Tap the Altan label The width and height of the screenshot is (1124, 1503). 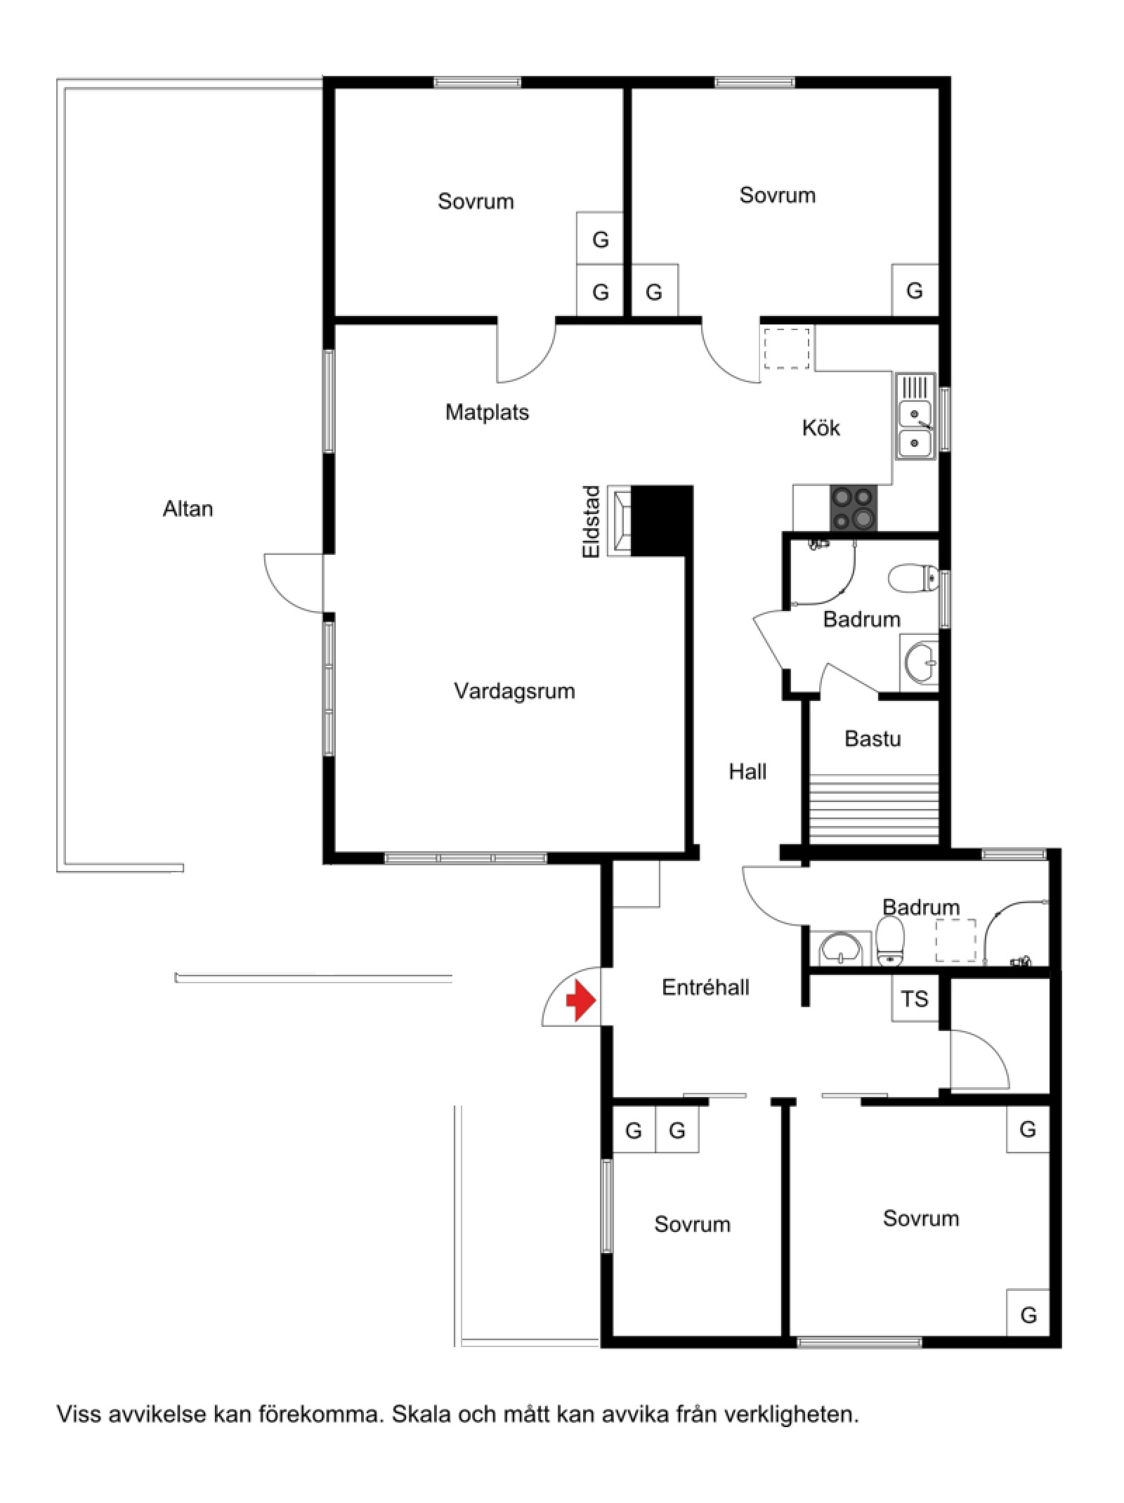(x=188, y=508)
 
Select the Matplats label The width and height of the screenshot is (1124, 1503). (x=487, y=412)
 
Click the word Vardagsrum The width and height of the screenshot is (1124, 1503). (x=514, y=691)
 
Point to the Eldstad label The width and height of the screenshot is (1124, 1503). (x=592, y=522)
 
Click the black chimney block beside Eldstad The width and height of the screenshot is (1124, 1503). (x=662, y=520)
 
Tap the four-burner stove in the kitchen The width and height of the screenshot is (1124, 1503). (x=854, y=508)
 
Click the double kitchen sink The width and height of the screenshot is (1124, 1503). (x=915, y=416)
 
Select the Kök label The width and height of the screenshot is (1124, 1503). (x=821, y=428)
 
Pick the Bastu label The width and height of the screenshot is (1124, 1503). (x=873, y=738)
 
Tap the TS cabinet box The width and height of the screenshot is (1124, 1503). (x=915, y=998)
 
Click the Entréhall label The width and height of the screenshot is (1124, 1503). (x=705, y=987)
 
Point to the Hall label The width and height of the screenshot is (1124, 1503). (x=747, y=772)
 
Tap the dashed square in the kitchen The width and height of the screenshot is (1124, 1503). (x=787, y=348)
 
